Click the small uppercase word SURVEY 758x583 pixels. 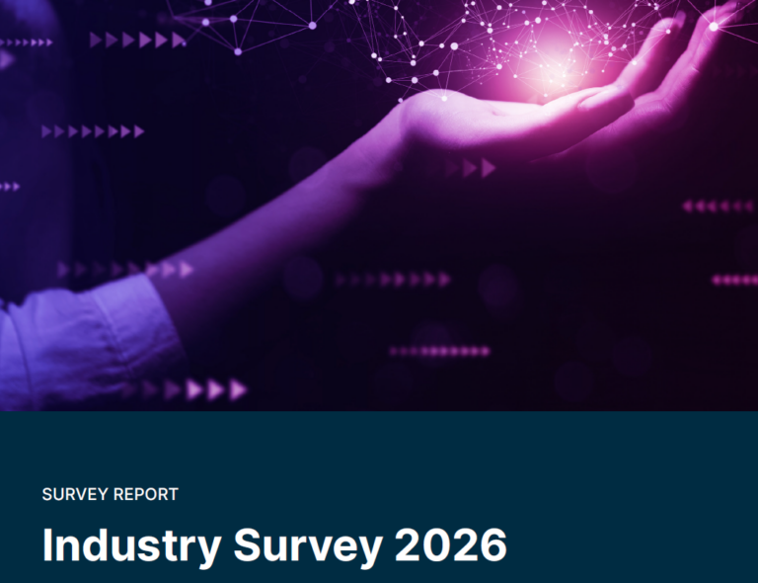click(x=75, y=494)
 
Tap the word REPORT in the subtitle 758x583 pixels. click(x=145, y=494)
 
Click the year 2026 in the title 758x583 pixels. click(x=452, y=545)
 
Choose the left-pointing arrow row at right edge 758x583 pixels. click(x=718, y=206)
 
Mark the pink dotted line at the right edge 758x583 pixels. click(x=734, y=280)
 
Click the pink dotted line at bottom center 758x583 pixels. click(x=439, y=351)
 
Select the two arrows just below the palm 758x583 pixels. click(x=479, y=168)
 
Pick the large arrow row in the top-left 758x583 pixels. click(x=137, y=40)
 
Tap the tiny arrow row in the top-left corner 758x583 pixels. click(x=27, y=42)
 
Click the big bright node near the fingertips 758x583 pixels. click(x=713, y=27)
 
